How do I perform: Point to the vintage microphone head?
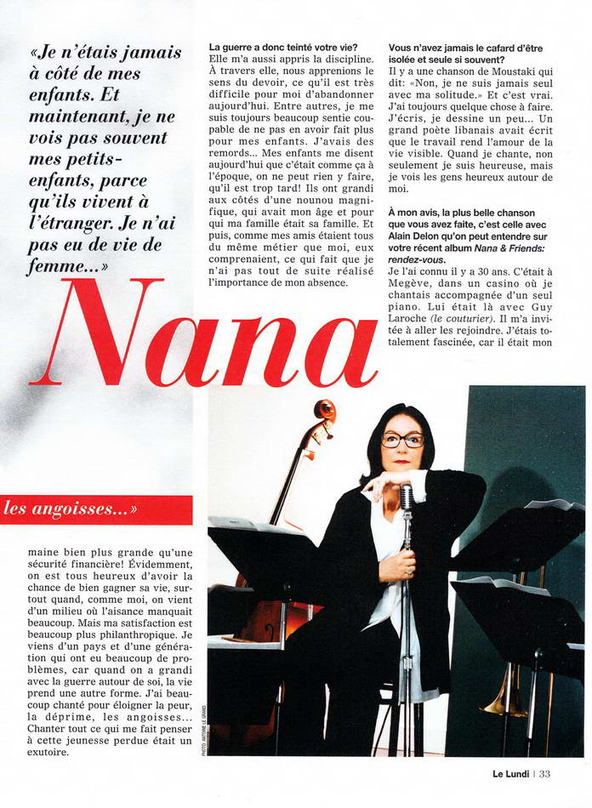pyautogui.click(x=407, y=495)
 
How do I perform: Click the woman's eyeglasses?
pyautogui.click(x=402, y=440)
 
